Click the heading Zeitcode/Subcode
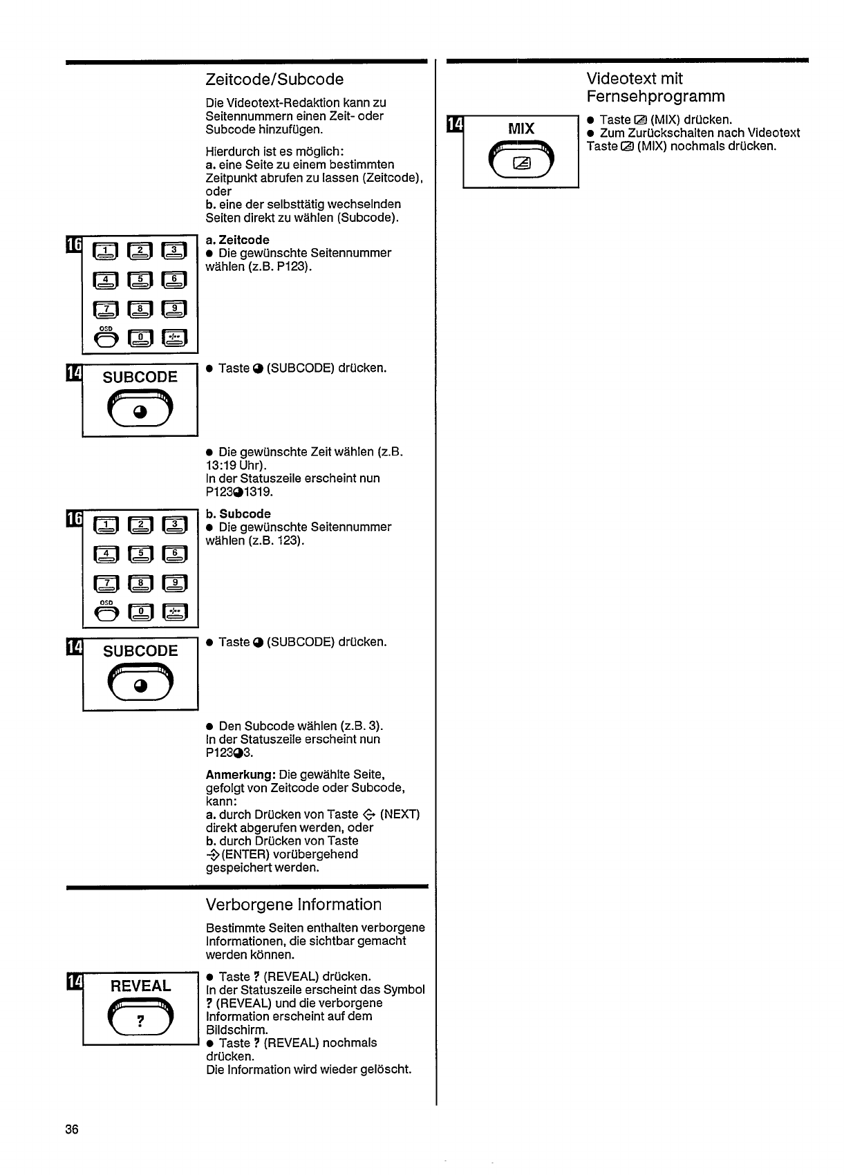(274, 79)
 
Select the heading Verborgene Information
(293, 905)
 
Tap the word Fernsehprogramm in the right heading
(655, 96)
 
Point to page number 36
(72, 1129)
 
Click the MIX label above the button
(521, 129)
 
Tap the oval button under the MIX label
(521, 161)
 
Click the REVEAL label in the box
(140, 986)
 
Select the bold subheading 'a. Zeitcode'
(237, 240)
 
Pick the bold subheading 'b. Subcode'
(238, 514)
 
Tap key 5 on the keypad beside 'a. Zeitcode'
(140, 280)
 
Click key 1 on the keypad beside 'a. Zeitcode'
(107, 250)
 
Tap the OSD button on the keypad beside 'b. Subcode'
(106, 611)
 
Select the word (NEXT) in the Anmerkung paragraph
(400, 814)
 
